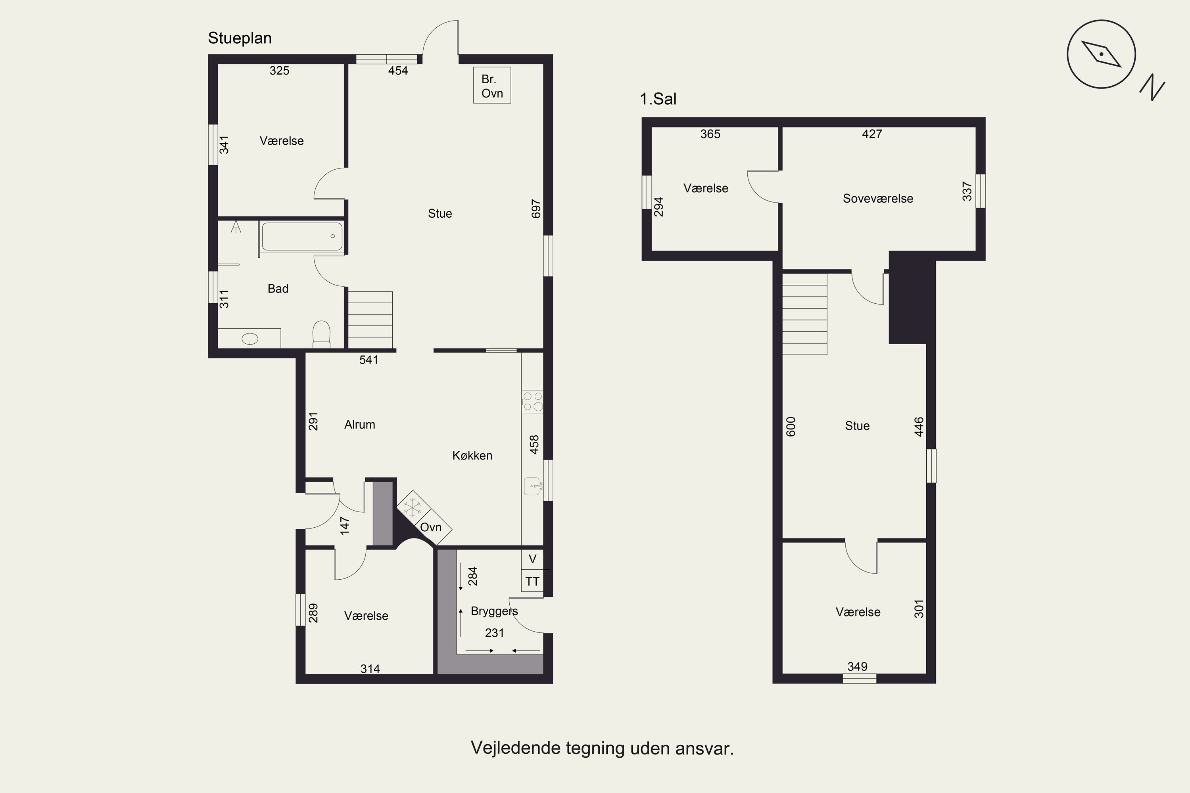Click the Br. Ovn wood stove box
tap(492, 85)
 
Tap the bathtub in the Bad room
tap(302, 236)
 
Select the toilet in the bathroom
tap(321, 334)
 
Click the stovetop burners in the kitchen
tap(532, 402)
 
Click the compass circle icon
tap(1102, 54)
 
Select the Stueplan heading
tap(240, 38)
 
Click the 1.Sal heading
tap(658, 99)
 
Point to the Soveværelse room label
tap(878, 199)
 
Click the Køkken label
tap(472, 456)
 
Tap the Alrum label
tap(360, 425)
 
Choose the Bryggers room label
tap(494, 611)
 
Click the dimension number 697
tap(536, 209)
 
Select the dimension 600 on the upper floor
tap(791, 426)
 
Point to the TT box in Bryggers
tap(532, 581)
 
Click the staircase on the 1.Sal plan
tap(804, 314)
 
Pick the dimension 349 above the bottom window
tap(857, 667)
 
